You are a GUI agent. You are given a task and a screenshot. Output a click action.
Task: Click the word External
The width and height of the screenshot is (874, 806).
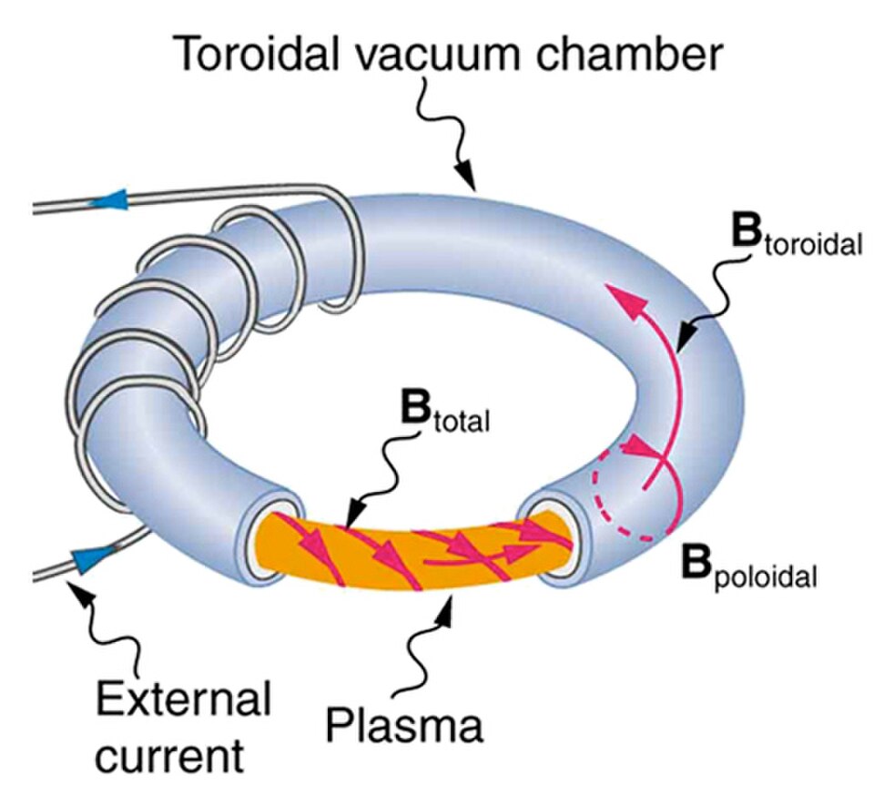[183, 700]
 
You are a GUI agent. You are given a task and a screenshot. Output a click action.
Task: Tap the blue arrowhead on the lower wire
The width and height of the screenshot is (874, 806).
[88, 558]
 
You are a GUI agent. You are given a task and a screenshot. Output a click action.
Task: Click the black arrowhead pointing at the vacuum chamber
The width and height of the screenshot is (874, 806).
[463, 179]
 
